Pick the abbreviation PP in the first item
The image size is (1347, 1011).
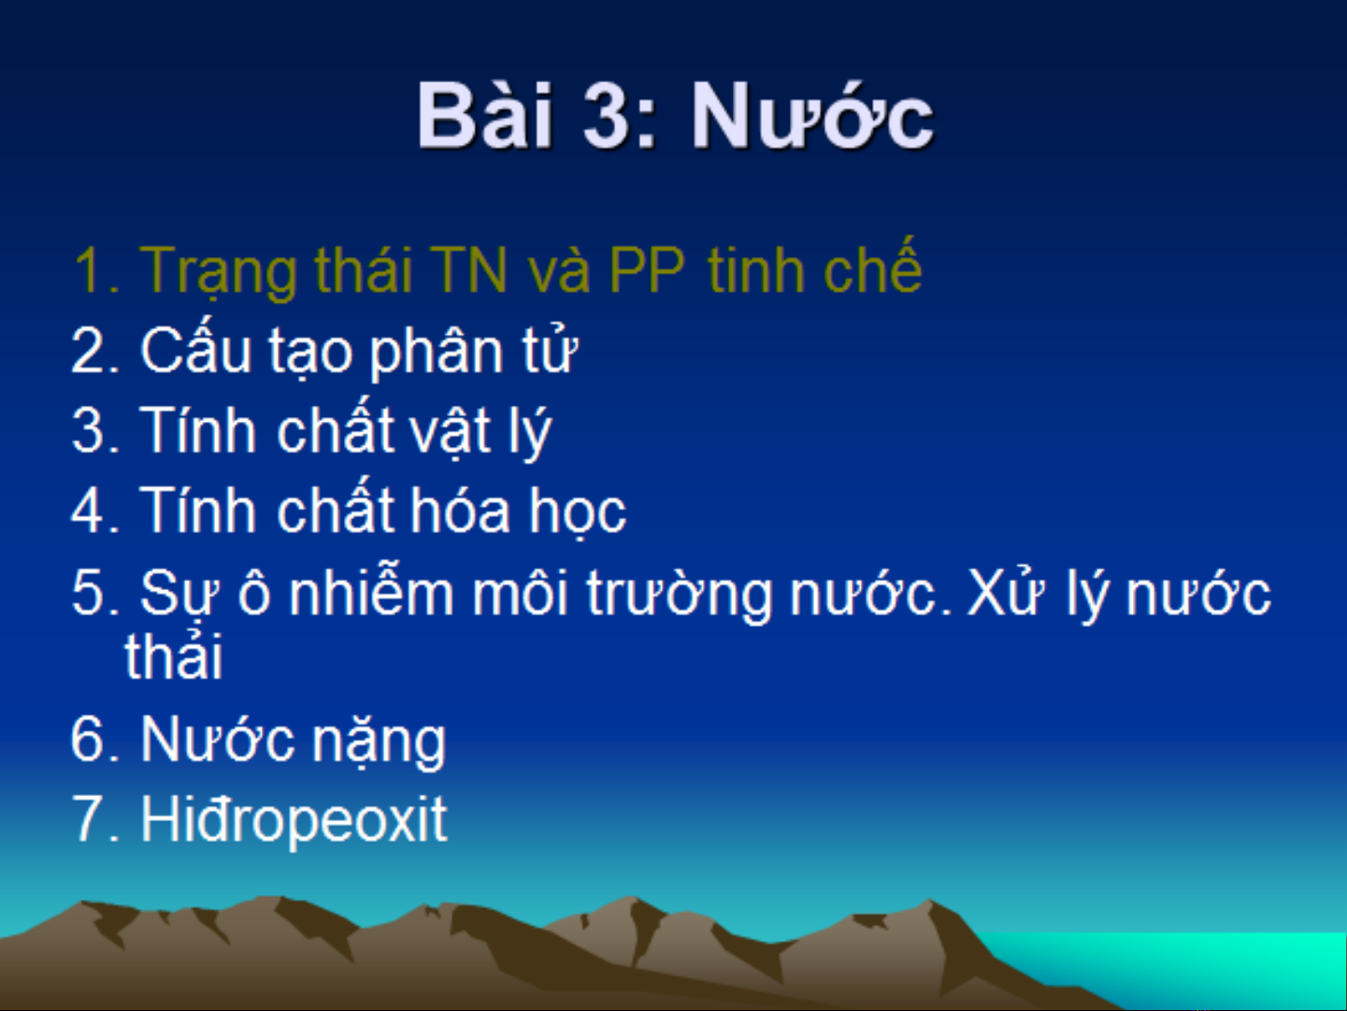pos(647,270)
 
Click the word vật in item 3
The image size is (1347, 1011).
pos(451,431)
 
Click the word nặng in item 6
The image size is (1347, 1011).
pos(379,742)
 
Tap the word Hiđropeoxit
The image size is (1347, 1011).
pos(294,819)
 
